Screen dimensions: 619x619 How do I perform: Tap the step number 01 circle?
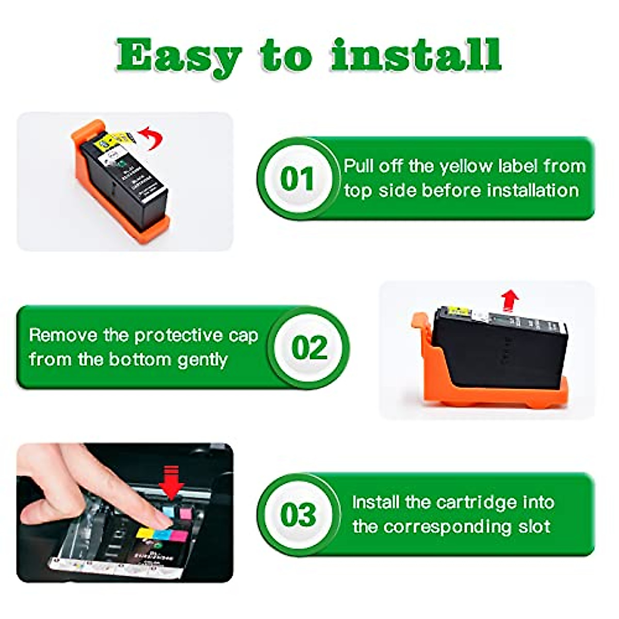click(297, 178)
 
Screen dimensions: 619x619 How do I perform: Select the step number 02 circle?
click(309, 347)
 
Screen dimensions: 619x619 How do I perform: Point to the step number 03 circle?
click(298, 514)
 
